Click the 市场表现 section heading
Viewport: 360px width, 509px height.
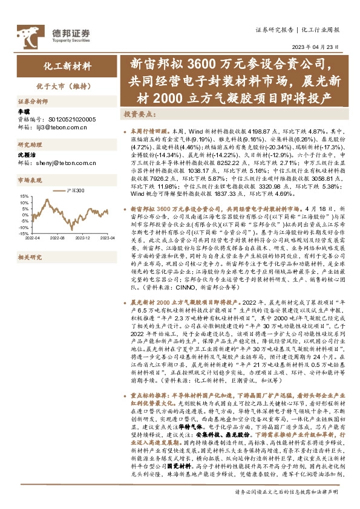30,180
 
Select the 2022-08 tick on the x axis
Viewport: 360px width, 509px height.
57,238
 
